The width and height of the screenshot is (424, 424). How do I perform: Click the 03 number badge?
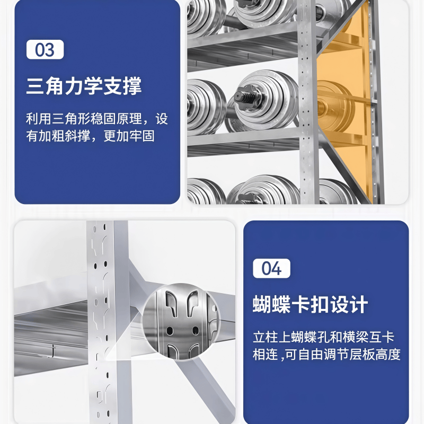pyautogui.click(x=45, y=50)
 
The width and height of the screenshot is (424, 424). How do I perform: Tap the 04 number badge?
pyautogui.click(x=271, y=268)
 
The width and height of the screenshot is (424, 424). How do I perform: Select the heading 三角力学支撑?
pyautogui.click(x=84, y=86)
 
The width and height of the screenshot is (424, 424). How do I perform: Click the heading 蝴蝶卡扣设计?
pyautogui.click(x=310, y=305)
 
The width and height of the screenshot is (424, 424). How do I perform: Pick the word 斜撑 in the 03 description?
pyautogui.click(x=76, y=136)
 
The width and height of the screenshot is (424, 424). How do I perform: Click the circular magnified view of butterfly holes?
pyautogui.click(x=180, y=322)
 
